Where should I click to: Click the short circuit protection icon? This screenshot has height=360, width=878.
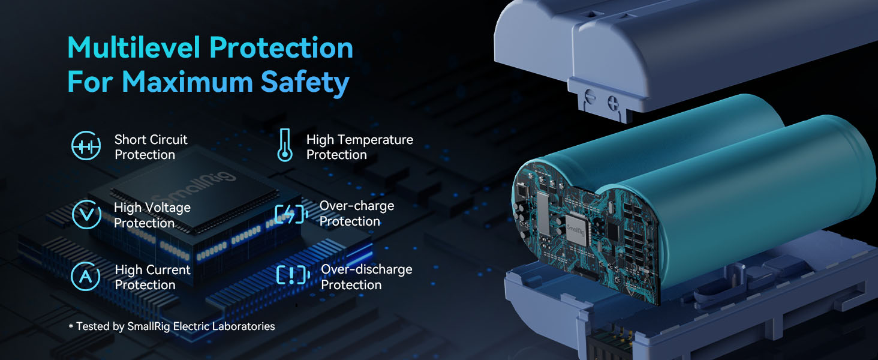(86, 146)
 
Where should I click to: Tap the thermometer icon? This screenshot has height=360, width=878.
(285, 145)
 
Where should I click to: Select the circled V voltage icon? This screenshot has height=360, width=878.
(86, 214)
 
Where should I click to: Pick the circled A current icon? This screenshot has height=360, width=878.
(85, 277)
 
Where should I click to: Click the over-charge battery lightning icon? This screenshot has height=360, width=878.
(291, 214)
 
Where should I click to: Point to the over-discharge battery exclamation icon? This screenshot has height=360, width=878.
(293, 275)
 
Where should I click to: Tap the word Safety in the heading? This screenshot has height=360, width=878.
(305, 82)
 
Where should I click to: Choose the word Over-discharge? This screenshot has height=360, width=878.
(366, 269)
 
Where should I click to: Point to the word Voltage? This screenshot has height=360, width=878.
(168, 208)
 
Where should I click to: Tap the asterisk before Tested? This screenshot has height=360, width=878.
(71, 326)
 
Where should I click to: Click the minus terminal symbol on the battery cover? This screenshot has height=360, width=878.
(590, 97)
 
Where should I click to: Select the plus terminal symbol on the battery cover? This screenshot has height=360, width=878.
(614, 103)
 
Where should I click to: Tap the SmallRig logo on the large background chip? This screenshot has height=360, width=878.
(195, 187)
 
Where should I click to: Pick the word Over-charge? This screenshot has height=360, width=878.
(357, 206)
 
